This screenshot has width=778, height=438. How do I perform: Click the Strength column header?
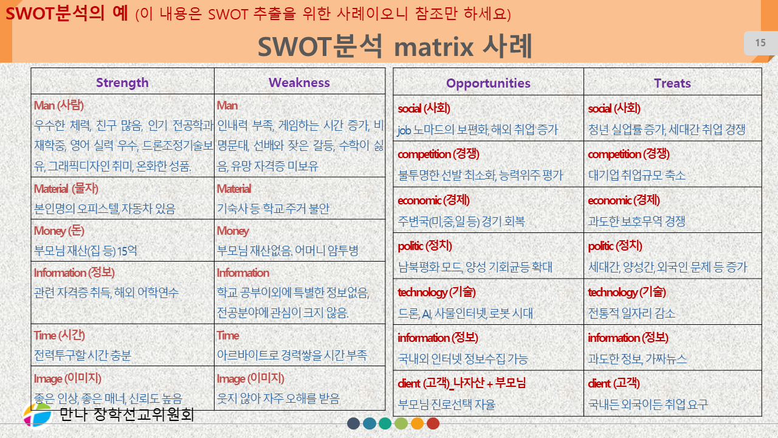pos(122,83)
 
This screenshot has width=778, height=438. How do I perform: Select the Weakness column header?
pos(299,82)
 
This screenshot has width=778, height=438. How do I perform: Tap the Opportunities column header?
pos(488,83)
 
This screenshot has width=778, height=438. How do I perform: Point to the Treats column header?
pos(672,83)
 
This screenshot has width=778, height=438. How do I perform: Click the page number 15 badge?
pos(760,43)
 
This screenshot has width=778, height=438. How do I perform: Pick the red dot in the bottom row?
pos(433,423)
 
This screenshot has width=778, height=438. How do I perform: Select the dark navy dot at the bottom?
pos(354,423)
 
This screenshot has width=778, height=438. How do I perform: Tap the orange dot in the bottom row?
pos(417,423)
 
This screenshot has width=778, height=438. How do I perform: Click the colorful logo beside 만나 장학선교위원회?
pos(38,415)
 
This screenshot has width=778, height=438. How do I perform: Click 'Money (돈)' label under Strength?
pos(59,231)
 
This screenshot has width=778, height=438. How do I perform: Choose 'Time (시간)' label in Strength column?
pos(60,335)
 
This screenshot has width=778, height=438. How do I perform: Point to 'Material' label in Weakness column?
pos(234,189)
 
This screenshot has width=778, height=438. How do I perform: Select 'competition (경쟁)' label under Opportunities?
pos(438,154)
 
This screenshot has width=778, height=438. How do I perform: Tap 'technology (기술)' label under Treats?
pos(627,292)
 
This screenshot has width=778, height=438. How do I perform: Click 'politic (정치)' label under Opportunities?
pos(425,246)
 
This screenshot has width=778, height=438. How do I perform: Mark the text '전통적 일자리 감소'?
pos(632,313)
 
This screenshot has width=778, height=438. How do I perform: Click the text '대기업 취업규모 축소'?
pos(636,175)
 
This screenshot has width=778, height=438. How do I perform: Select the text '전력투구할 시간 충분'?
pos(82,355)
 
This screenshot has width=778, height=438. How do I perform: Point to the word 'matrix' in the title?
pos(434,47)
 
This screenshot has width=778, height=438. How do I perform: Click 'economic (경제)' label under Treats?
pos(624,200)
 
